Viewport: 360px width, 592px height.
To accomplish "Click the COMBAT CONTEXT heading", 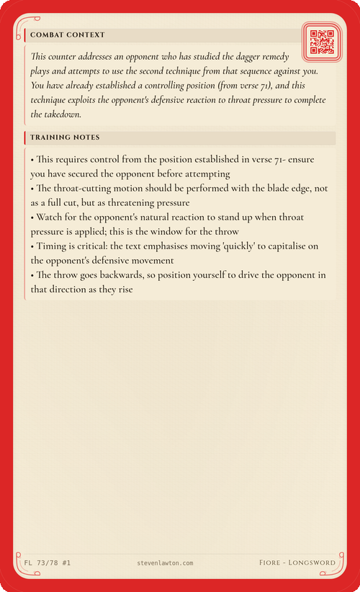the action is click(x=68, y=35).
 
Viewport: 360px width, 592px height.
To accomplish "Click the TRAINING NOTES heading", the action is click(x=65, y=138).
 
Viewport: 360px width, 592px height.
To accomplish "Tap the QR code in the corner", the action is click(x=320, y=41).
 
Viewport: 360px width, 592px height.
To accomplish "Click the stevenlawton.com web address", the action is click(x=165, y=562).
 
